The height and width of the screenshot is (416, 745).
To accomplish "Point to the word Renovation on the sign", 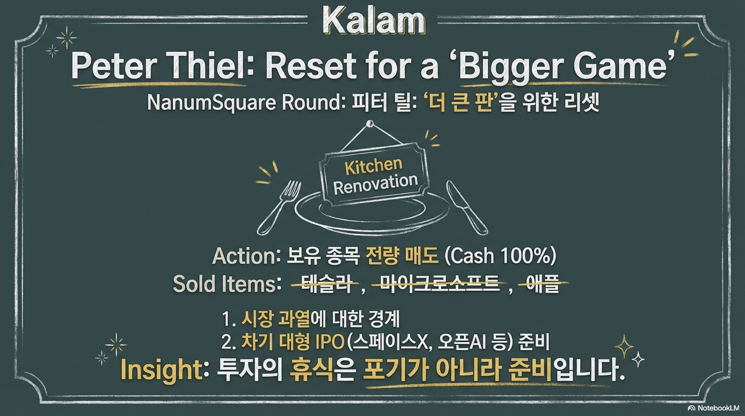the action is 376,184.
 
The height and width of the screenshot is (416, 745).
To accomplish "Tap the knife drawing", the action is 467,207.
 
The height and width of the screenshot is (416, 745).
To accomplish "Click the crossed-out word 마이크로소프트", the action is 438,284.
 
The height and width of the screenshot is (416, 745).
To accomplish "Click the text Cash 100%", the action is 501,257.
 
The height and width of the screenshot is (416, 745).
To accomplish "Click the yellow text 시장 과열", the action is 275,319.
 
